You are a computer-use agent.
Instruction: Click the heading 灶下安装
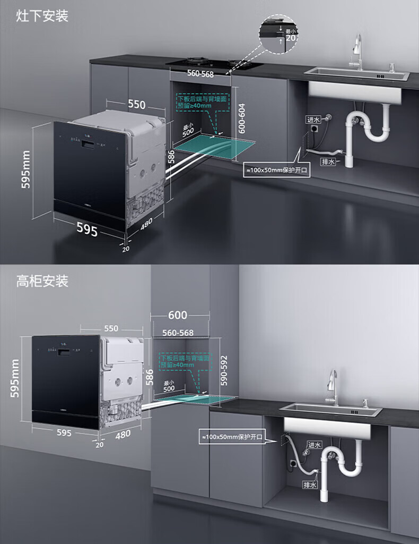42,15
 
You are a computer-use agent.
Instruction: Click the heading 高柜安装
42,280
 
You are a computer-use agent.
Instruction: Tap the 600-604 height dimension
242,117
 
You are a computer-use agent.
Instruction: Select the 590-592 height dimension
224,370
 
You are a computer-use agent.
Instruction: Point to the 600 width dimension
178,315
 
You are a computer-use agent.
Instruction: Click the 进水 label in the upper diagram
313,120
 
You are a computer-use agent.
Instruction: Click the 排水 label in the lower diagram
310,484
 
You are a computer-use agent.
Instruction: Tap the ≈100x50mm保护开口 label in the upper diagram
276,171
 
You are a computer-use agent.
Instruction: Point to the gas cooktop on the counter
215,64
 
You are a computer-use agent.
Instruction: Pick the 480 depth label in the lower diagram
123,435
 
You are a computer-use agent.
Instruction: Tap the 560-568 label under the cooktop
200,74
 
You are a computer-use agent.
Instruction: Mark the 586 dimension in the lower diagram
150,377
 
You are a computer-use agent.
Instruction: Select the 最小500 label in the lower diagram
169,386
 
